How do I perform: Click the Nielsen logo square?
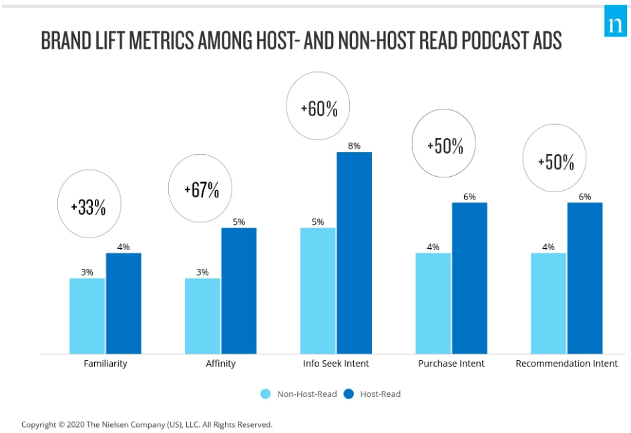(616, 24)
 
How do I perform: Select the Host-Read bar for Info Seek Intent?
(354, 253)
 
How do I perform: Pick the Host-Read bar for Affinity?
(239, 291)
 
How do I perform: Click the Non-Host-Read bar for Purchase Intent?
(433, 303)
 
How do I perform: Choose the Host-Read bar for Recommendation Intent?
(585, 278)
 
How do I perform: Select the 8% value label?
(354, 145)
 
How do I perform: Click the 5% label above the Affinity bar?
(239, 222)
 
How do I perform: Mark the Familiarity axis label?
(106, 364)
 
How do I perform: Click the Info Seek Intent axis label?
(336, 364)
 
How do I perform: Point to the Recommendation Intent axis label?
(567, 364)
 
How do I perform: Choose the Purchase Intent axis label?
(451, 364)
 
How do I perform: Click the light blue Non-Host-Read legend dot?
(266, 394)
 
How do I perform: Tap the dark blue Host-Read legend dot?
(349, 394)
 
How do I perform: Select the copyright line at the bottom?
(147, 424)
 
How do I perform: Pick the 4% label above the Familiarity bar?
(124, 247)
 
